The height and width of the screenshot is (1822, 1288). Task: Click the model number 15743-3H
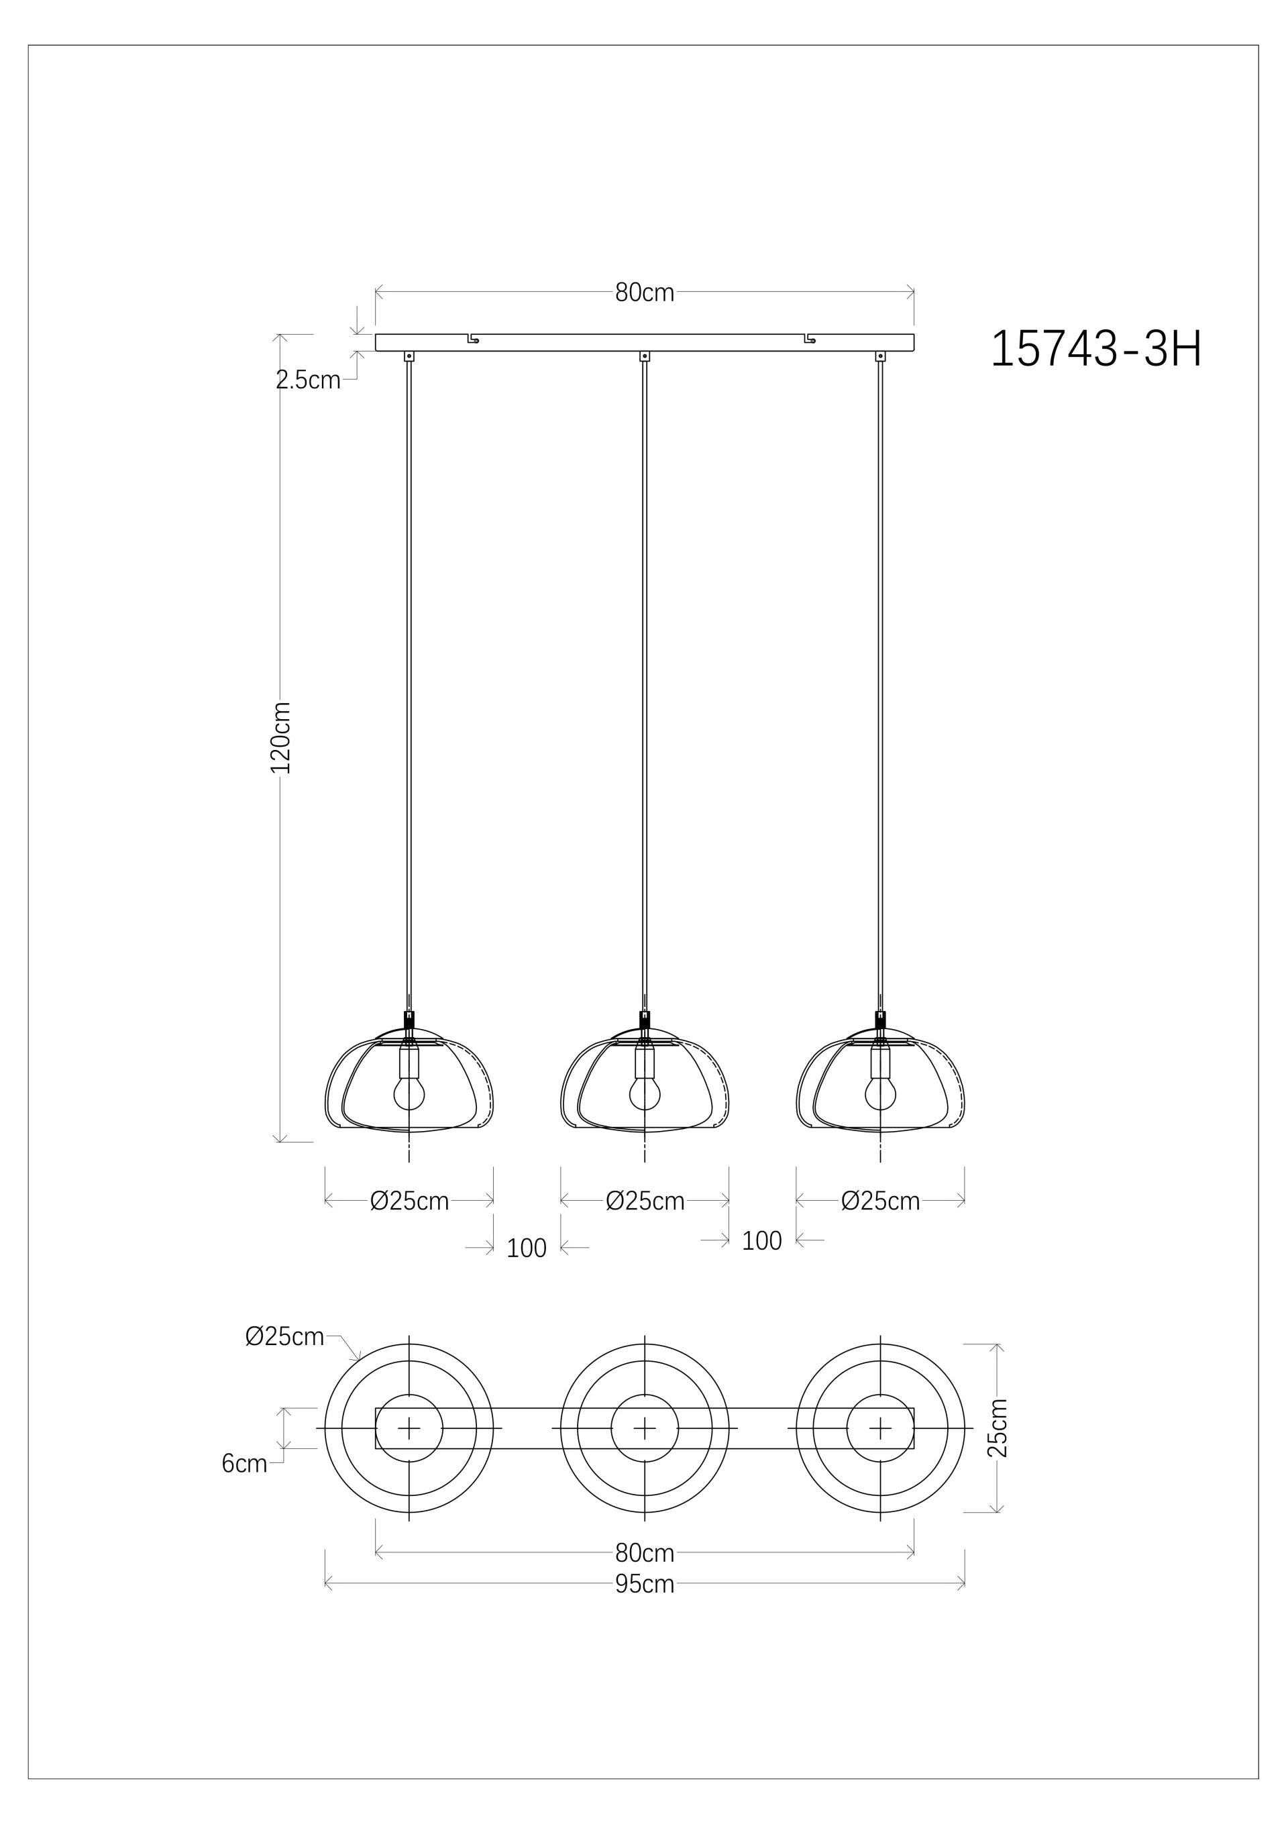pyautogui.click(x=1096, y=349)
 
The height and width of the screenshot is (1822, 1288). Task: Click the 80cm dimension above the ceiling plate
pyautogui.click(x=645, y=292)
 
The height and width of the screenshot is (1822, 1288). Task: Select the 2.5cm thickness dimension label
pyautogui.click(x=308, y=380)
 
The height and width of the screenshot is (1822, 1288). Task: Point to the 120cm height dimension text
pyautogui.click(x=281, y=737)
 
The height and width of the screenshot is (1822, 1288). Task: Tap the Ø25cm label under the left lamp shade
pyautogui.click(x=409, y=1201)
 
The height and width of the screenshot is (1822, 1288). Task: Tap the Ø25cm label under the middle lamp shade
pyautogui.click(x=645, y=1201)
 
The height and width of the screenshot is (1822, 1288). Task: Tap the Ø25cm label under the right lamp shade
pyautogui.click(x=880, y=1201)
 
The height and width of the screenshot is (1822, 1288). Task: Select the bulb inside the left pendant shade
pyautogui.click(x=409, y=1094)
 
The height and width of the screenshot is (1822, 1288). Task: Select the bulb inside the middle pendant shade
pyautogui.click(x=645, y=1094)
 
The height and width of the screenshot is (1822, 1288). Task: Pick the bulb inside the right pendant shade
pyautogui.click(x=879, y=1094)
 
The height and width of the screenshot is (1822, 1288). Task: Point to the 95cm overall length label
pyautogui.click(x=645, y=1584)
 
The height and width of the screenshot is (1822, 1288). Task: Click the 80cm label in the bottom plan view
pyautogui.click(x=645, y=1552)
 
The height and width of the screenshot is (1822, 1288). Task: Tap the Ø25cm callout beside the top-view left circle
pyautogui.click(x=284, y=1337)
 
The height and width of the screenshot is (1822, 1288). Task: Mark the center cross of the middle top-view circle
pyautogui.click(x=645, y=1428)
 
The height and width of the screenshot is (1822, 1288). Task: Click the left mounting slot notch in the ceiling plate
pyautogui.click(x=474, y=339)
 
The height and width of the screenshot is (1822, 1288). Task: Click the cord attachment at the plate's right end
pyautogui.click(x=879, y=356)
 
